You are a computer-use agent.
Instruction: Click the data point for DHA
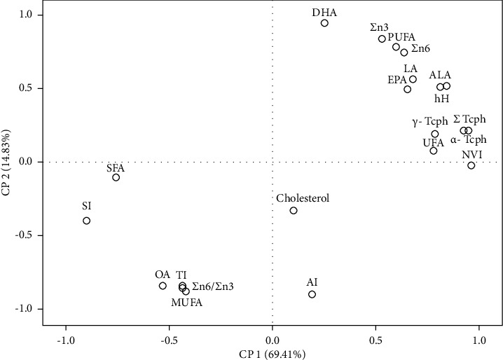tap(324, 23)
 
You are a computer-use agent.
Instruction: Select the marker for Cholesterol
tap(294, 210)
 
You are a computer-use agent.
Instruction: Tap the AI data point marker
tap(312, 294)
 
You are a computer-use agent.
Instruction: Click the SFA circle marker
tap(116, 177)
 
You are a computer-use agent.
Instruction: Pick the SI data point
tap(87, 221)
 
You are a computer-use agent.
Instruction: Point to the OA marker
tap(163, 286)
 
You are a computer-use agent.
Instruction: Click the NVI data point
tap(471, 165)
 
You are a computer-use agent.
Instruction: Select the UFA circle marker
tap(433, 151)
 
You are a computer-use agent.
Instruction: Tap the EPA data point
tap(407, 89)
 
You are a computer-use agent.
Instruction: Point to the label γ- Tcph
tap(430, 122)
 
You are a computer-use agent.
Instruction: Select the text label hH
tap(441, 99)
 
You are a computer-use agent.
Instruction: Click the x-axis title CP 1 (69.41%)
tap(272, 354)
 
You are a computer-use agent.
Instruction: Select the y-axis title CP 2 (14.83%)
tap(8, 162)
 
